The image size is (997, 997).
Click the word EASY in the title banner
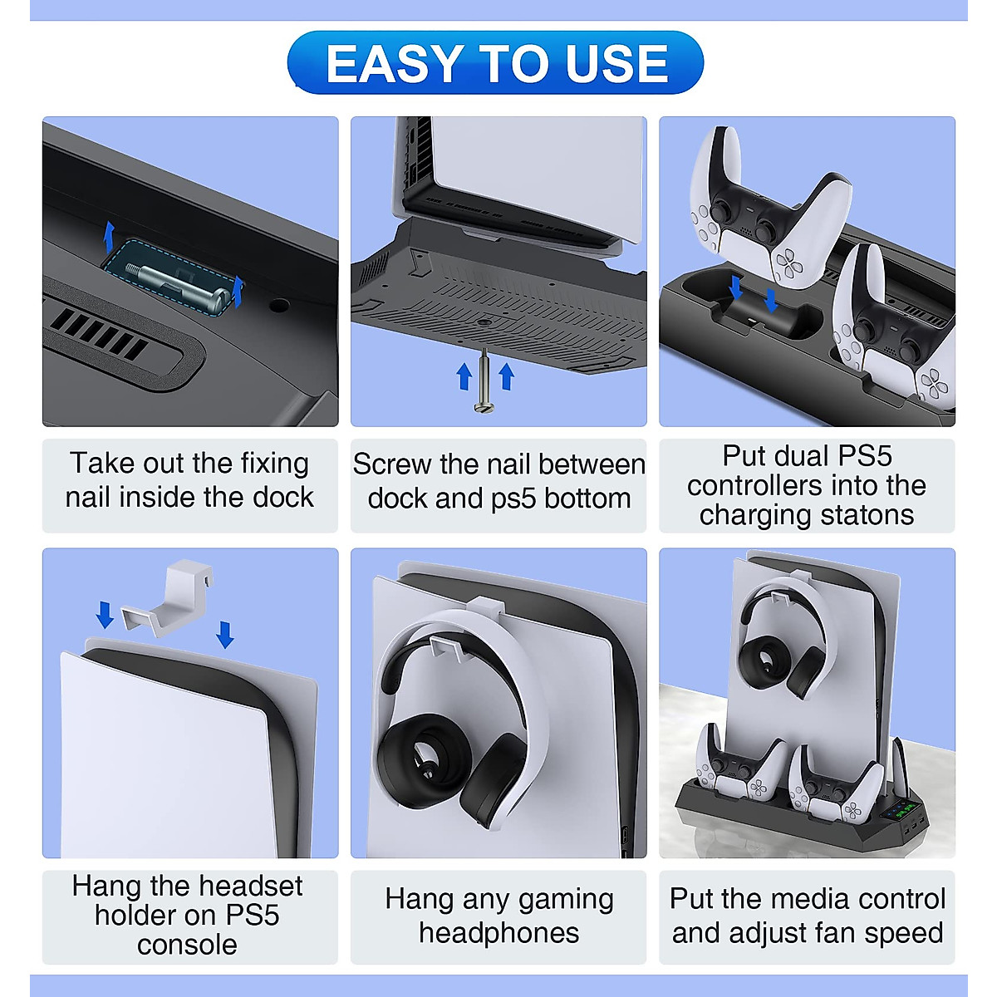pyautogui.click(x=395, y=64)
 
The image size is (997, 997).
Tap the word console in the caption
pyautogui.click(x=187, y=945)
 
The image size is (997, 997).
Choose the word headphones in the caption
pyautogui.click(x=498, y=932)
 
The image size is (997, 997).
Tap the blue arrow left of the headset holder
pyautogui.click(x=105, y=616)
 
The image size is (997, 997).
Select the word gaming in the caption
pyautogui.click(x=564, y=899)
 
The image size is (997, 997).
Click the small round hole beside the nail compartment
pyautogui.click(x=279, y=305)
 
